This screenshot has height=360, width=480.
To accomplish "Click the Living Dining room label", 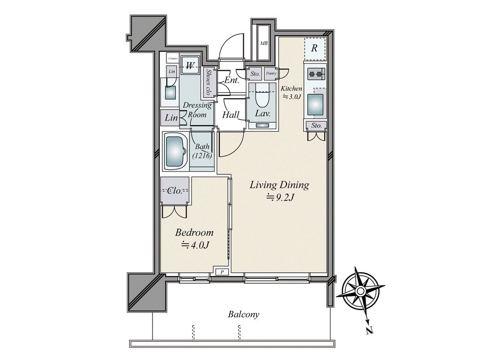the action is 279,185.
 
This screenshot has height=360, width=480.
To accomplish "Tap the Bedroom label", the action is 194,232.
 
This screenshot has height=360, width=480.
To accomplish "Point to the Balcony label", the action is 244,315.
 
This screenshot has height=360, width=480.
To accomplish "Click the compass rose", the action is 360,291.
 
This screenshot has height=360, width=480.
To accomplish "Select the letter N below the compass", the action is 369,330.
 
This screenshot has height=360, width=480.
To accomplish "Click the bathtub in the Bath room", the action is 175,151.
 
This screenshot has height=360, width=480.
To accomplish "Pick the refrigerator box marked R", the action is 315,48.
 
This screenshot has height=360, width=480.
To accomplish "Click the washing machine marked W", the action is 190,65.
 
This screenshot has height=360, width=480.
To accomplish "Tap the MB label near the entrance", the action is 263,44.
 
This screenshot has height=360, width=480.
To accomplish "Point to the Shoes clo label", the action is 209,82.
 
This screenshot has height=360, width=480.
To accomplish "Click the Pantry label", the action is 271,74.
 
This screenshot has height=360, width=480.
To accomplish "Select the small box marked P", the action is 223,272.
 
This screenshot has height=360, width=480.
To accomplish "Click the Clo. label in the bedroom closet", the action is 175,191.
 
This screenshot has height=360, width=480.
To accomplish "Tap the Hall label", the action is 231,115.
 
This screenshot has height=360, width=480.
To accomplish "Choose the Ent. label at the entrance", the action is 232,81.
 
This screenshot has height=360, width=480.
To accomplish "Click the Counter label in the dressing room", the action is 173,58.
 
